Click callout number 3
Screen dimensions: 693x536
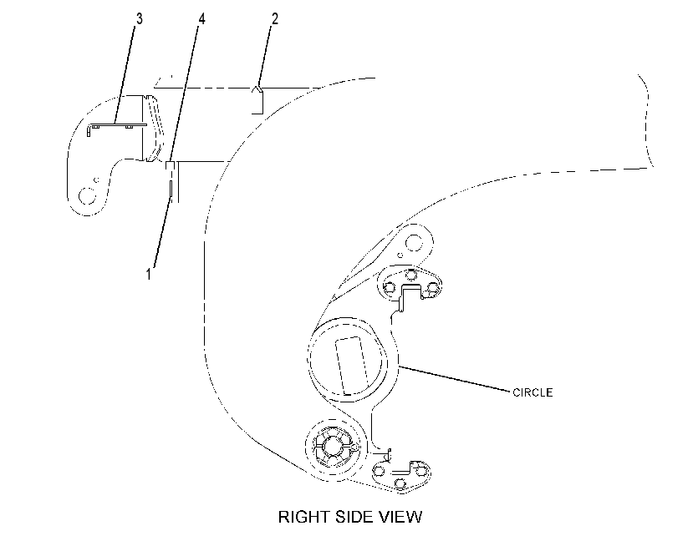(x=140, y=19)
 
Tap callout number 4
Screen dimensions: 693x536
(x=201, y=19)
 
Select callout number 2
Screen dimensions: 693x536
(x=274, y=19)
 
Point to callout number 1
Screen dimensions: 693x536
(x=149, y=274)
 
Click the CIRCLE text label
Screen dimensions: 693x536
(x=532, y=392)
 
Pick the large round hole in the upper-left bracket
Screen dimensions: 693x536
(x=87, y=195)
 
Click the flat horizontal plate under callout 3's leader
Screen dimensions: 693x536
(x=118, y=125)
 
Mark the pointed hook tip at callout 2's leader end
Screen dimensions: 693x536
(x=258, y=87)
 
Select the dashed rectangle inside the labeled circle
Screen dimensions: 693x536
(x=351, y=366)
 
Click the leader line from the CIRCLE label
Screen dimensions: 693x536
(x=455, y=378)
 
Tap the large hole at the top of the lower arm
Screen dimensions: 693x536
(x=414, y=242)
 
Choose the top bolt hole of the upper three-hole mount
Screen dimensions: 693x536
(x=411, y=275)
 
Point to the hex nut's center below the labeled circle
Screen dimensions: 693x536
(x=332, y=446)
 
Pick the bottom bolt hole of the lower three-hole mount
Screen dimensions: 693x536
(x=400, y=483)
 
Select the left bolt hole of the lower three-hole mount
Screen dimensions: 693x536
(x=380, y=471)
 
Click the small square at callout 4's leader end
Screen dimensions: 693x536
(x=171, y=165)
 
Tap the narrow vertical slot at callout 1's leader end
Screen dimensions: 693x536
(x=171, y=190)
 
